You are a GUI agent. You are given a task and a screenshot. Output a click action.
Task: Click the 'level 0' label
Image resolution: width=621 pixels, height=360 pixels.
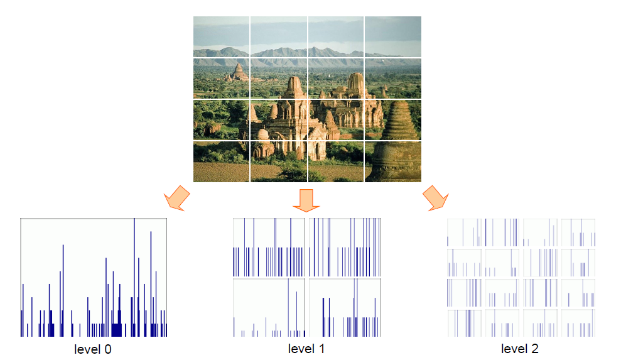[x=93, y=349]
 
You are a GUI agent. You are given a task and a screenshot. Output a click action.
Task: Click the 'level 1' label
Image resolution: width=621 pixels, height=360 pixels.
[x=306, y=349]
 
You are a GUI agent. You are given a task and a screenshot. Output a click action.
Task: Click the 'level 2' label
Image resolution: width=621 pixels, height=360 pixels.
[x=520, y=349]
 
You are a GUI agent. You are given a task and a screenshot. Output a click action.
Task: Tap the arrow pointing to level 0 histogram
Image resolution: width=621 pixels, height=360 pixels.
[x=177, y=198]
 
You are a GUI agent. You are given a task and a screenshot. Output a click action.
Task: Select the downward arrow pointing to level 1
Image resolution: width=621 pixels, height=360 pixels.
[x=306, y=200]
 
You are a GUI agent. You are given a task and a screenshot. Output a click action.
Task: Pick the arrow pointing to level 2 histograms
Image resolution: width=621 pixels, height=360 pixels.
[x=435, y=198]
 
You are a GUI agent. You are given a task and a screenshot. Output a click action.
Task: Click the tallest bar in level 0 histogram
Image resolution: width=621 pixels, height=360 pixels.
[x=134, y=277]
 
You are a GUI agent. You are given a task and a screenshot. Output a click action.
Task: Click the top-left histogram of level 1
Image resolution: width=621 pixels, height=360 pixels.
[x=269, y=247]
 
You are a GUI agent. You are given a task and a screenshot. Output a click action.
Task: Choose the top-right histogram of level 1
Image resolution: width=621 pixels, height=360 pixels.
[x=345, y=247]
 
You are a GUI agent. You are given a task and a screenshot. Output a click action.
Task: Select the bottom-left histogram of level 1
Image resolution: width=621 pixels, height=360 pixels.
[x=269, y=308]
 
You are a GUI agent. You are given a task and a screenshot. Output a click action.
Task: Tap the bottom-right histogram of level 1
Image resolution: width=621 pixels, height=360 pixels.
[x=345, y=308]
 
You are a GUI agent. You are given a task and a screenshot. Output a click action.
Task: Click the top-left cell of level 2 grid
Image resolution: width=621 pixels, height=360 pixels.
[x=464, y=232]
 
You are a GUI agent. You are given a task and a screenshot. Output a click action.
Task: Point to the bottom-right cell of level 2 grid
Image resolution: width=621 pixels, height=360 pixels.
[x=578, y=323]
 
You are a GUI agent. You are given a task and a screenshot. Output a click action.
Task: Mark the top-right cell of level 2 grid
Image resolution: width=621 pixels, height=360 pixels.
[x=578, y=232]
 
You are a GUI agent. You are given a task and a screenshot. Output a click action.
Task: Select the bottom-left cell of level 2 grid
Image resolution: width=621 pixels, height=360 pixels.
[x=464, y=323]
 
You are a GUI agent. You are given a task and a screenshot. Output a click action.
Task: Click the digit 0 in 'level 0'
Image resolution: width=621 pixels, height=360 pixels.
[x=107, y=349]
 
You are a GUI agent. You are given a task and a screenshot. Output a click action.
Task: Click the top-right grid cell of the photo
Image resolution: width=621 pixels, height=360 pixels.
[x=393, y=37]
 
